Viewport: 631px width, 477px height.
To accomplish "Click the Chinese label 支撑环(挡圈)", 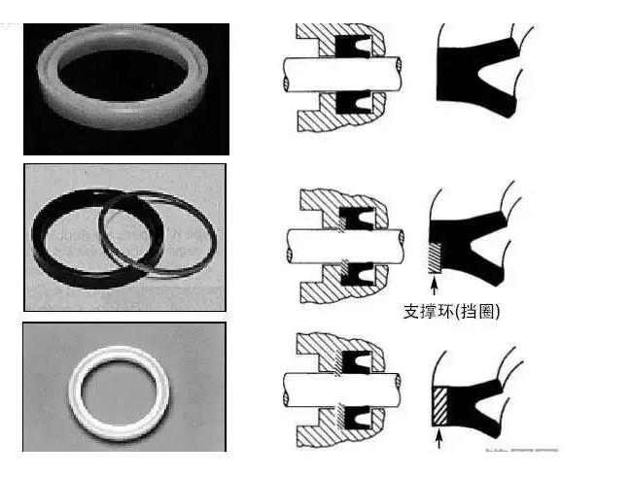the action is tap(451, 311).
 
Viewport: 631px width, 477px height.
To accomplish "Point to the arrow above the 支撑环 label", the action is tap(434, 286).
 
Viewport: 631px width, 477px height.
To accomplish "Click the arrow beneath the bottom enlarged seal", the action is tap(439, 439).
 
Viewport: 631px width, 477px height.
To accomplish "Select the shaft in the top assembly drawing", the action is tap(342, 74).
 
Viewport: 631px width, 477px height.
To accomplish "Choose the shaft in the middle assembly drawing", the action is tap(346, 246).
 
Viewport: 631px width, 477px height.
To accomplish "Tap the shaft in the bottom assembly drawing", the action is tap(341, 390).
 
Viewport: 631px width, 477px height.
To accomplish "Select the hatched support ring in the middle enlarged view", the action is tap(435, 257).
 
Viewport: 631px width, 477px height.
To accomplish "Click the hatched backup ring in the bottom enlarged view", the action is tap(439, 406).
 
